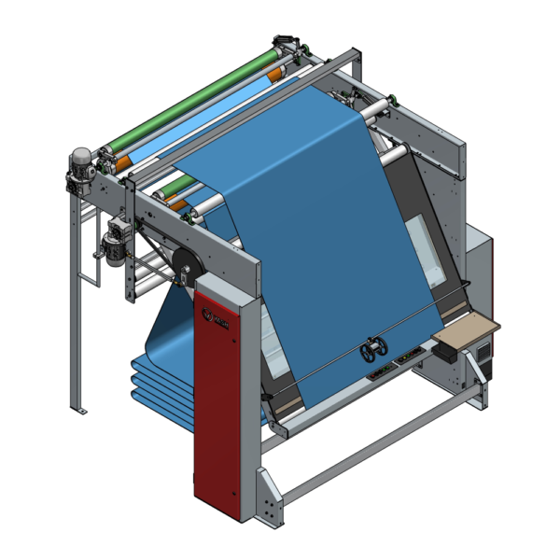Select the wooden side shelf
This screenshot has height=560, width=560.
467,328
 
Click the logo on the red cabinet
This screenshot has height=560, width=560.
214,321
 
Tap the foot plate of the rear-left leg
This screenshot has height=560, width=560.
80,410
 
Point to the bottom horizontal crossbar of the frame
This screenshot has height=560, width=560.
383,448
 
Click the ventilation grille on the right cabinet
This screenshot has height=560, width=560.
483,351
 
